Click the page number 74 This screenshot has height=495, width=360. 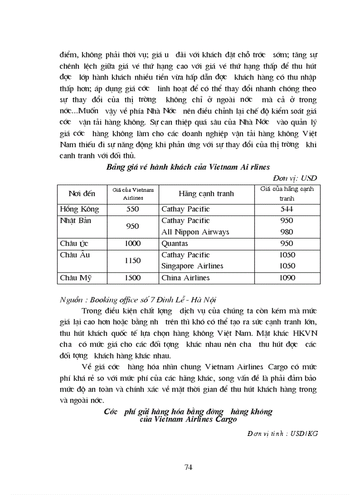(x=188, y=468)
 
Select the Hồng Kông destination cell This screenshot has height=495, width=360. (x=79, y=209)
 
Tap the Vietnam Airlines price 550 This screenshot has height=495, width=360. (x=133, y=209)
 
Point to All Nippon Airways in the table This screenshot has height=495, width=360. (x=195, y=232)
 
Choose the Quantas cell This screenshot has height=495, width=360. (x=175, y=243)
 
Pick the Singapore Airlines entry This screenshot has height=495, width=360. (x=192, y=266)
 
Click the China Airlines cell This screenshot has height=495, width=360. (x=185, y=278)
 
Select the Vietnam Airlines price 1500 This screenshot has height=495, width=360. (x=133, y=278)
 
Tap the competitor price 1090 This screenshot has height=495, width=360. (x=287, y=278)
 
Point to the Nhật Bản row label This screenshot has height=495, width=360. (x=75, y=220)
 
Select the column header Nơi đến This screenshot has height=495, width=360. (x=80, y=194)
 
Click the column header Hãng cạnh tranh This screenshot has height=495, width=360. (x=206, y=194)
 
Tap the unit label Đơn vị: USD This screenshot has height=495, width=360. (x=295, y=178)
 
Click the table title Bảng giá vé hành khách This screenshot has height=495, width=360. (x=188, y=167)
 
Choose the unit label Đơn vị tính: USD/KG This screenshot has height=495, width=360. (x=282, y=433)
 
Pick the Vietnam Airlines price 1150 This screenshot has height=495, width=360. (x=133, y=261)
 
